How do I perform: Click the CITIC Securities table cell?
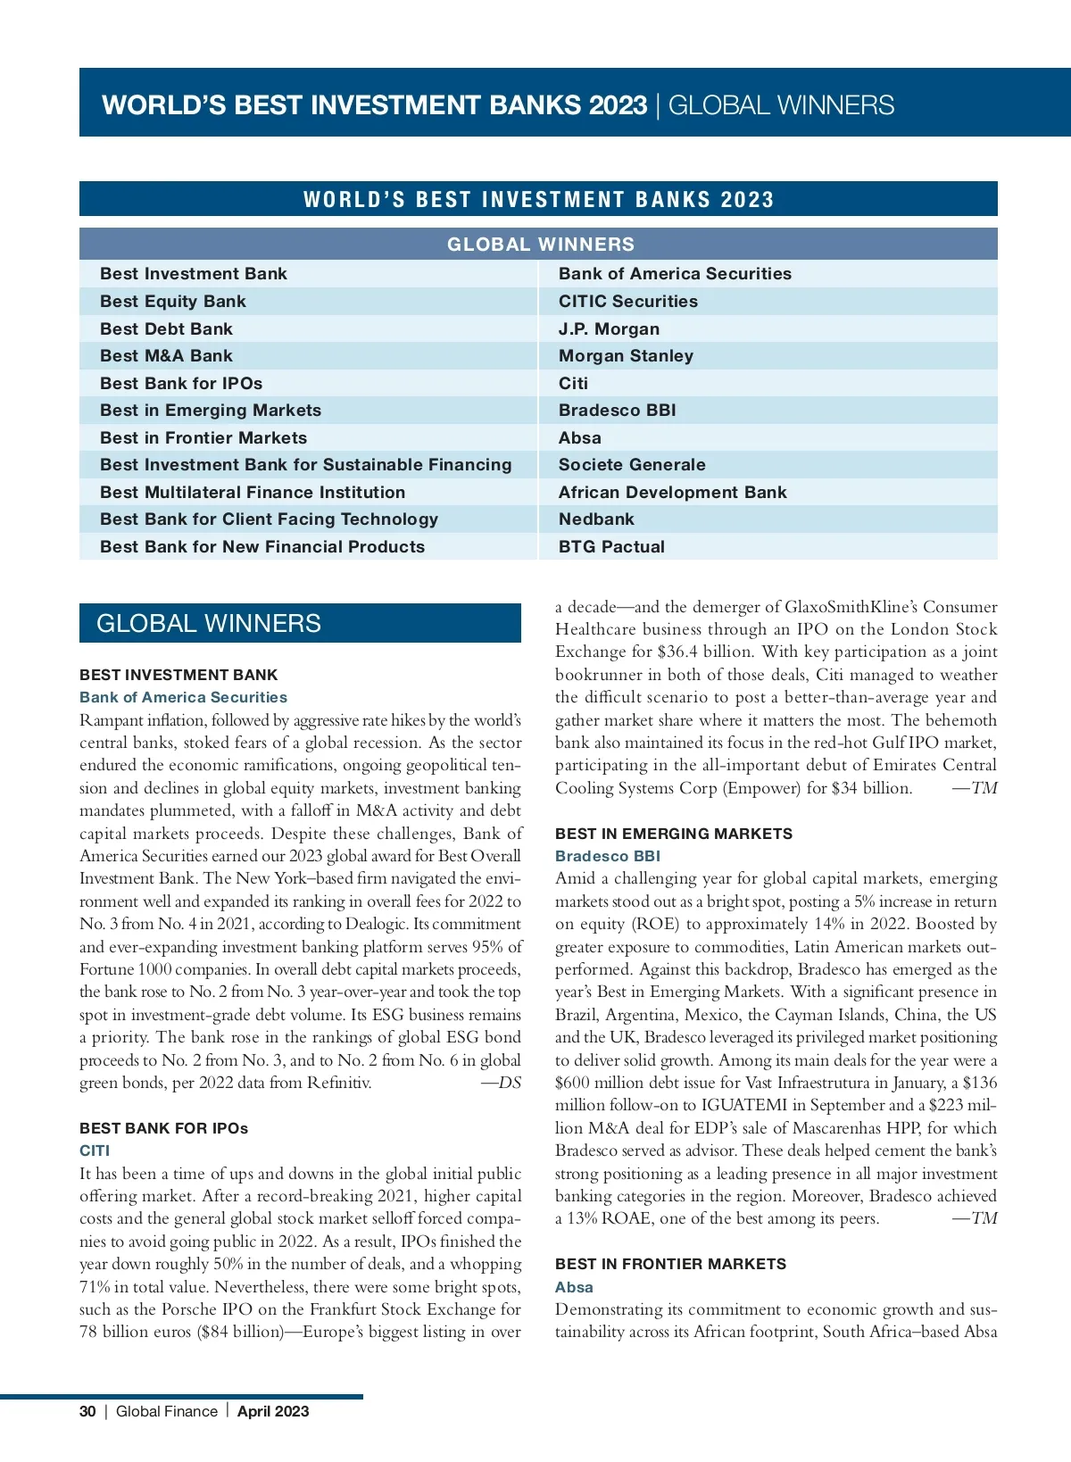[x=628, y=302]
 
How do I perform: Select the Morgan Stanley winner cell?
[x=626, y=356]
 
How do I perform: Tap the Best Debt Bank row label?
[x=166, y=329]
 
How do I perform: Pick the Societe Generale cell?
[x=632, y=465]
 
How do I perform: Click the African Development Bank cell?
[x=672, y=493]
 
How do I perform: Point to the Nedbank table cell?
[x=596, y=519]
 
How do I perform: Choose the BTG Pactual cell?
[x=611, y=547]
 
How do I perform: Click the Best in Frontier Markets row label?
[x=203, y=438]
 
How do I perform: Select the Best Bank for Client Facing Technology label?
[x=269, y=519]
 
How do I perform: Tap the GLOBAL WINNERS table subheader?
[x=540, y=245]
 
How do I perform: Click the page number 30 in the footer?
[x=87, y=1411]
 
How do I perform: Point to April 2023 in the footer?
[x=273, y=1411]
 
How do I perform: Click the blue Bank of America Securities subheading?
[x=183, y=698]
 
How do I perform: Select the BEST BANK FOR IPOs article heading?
[x=163, y=1128]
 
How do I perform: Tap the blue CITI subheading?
[x=95, y=1151]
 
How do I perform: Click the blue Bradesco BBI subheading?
[x=608, y=857]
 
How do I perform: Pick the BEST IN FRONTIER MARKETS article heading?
[x=670, y=1264]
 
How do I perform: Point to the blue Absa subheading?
[x=574, y=1287]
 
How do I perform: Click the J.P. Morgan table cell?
[x=609, y=329]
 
